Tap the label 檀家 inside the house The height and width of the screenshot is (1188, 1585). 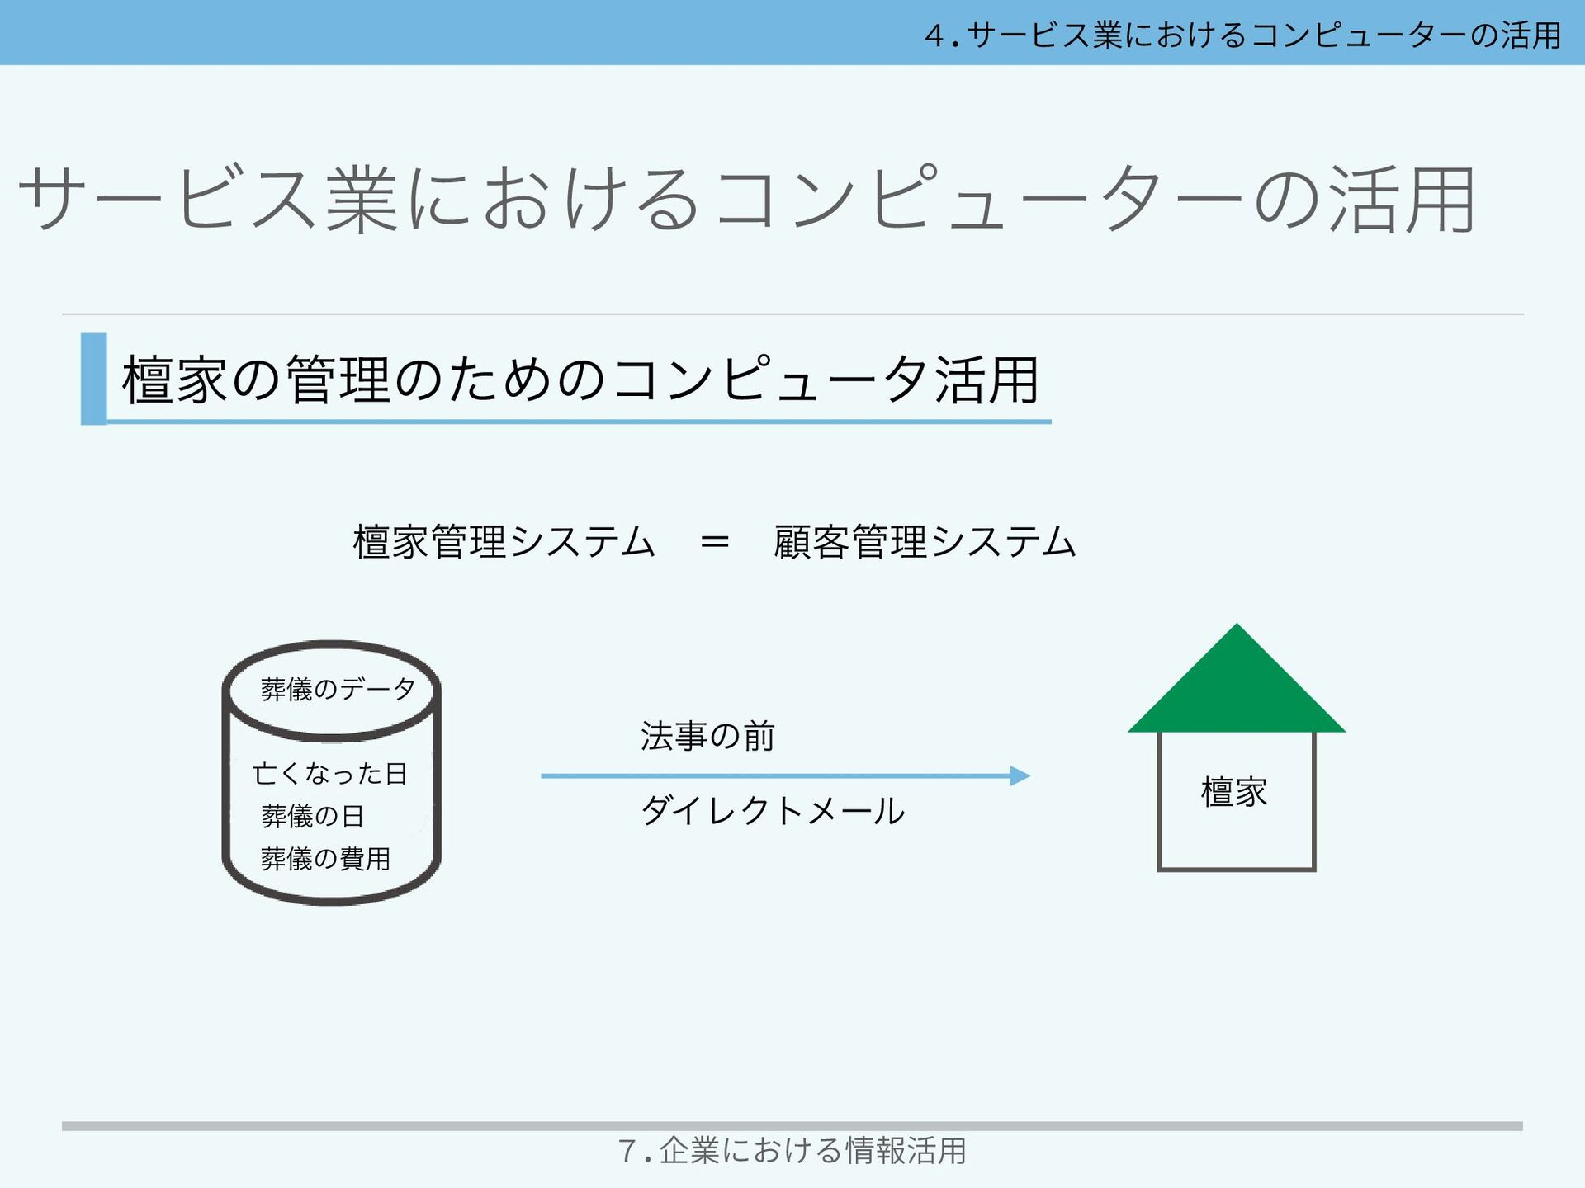point(1234,792)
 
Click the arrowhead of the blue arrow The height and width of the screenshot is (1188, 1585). point(1020,775)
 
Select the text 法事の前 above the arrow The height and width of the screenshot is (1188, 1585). point(707,736)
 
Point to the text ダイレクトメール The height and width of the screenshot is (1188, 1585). point(773,811)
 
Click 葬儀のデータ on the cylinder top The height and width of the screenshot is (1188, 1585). point(338,689)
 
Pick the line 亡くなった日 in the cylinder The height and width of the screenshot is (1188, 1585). point(330,774)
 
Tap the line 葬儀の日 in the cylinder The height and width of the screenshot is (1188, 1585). point(312,816)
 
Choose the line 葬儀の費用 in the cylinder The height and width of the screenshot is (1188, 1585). point(325,859)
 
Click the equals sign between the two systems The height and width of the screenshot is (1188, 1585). point(714,542)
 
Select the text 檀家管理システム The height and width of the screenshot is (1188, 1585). point(504,542)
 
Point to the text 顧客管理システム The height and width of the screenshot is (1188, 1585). point(925,542)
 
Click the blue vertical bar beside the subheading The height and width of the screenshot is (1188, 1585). point(93,379)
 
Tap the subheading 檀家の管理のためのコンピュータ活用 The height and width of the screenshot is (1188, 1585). point(580,380)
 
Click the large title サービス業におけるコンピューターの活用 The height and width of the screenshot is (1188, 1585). point(746,199)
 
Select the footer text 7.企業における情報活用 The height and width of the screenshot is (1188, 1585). point(792,1150)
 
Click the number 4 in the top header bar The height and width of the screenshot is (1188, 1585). point(934,35)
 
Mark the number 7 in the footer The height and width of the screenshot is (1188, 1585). point(627,1151)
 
